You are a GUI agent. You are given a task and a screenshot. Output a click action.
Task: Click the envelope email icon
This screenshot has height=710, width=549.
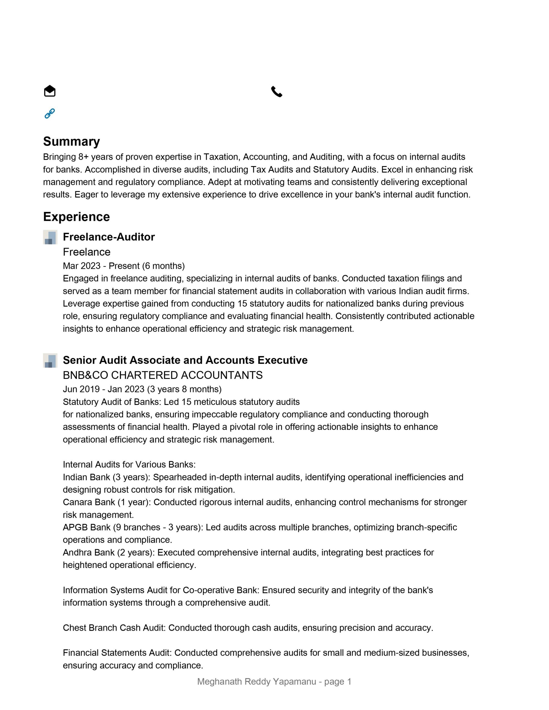[49, 91]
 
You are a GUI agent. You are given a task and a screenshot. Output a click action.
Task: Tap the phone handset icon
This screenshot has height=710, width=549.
[277, 92]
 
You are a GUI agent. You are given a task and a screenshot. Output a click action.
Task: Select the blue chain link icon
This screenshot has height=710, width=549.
[49, 113]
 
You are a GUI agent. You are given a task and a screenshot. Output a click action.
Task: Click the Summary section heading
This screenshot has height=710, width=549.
[71, 141]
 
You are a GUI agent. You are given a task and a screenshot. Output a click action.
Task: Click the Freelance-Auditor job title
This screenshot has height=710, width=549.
[109, 237]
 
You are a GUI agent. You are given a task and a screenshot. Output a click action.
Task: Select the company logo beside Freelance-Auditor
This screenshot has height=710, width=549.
[50, 237]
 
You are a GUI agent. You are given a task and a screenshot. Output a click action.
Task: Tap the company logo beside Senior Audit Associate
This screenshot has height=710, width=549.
[50, 360]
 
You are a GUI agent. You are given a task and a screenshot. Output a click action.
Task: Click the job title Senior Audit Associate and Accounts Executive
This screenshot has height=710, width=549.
[185, 360]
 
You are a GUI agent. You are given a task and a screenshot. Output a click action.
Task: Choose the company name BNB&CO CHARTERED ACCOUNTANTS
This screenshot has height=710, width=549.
[162, 375]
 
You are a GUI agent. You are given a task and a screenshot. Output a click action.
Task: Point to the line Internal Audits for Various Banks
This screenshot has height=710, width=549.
[129, 465]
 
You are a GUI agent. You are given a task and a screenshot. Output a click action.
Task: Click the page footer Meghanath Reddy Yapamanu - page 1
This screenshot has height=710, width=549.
[274, 681]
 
